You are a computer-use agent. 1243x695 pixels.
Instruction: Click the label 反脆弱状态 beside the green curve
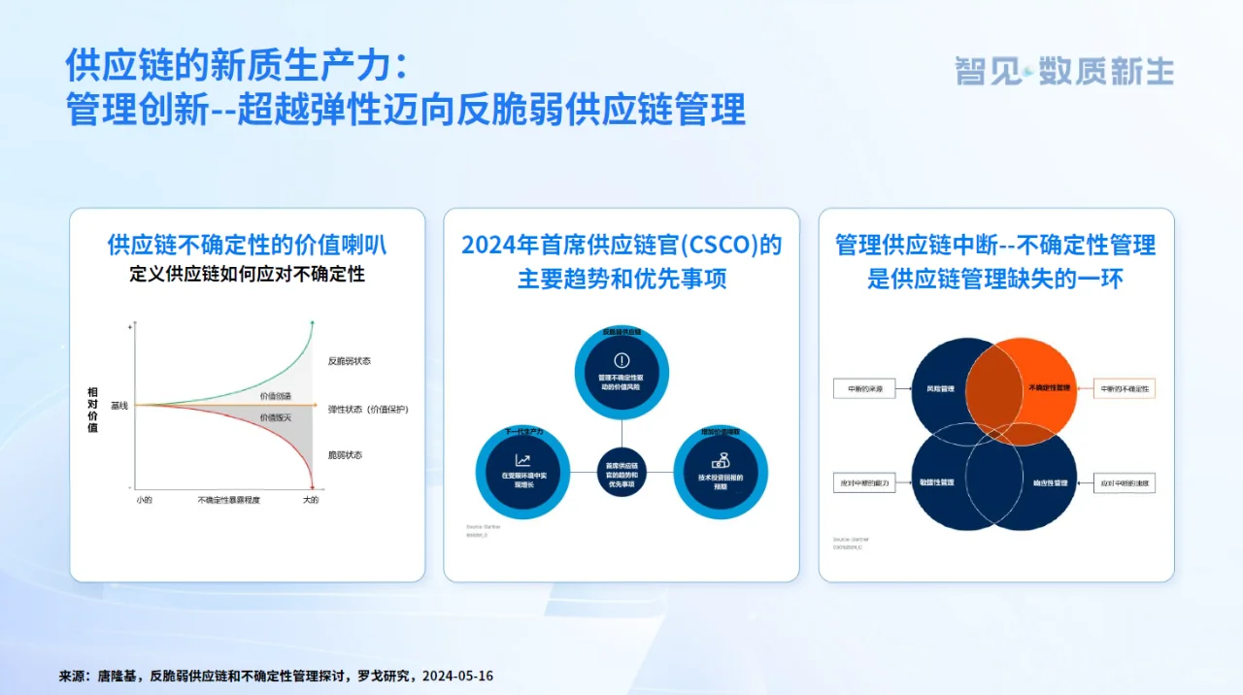point(349,361)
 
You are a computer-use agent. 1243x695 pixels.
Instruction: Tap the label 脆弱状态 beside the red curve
point(345,454)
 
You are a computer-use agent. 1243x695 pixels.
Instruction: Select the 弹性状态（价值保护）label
point(368,410)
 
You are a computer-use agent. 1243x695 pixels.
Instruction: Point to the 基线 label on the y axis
point(118,405)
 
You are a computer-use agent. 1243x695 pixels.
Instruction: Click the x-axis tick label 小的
point(145,500)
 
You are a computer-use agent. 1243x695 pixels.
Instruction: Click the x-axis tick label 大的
point(310,500)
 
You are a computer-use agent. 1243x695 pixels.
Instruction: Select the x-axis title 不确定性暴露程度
point(228,500)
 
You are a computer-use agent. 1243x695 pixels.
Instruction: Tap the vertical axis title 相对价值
point(93,409)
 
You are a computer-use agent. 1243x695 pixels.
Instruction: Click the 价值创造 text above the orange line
point(275,396)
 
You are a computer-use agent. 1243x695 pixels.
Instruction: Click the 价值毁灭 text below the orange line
point(275,416)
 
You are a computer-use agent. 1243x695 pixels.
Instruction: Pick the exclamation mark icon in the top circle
point(621,360)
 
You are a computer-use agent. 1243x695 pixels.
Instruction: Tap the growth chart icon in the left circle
point(523,460)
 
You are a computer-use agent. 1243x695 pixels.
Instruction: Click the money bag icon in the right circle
point(720,459)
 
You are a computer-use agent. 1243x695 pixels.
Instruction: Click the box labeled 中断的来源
point(864,388)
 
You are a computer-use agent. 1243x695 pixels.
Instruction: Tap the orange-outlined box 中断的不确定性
point(1125,388)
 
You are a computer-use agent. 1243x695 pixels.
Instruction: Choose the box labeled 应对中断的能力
point(864,482)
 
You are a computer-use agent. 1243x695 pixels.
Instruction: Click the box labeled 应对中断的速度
point(1125,482)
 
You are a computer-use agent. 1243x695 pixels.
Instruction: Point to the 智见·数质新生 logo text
point(1064,71)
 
